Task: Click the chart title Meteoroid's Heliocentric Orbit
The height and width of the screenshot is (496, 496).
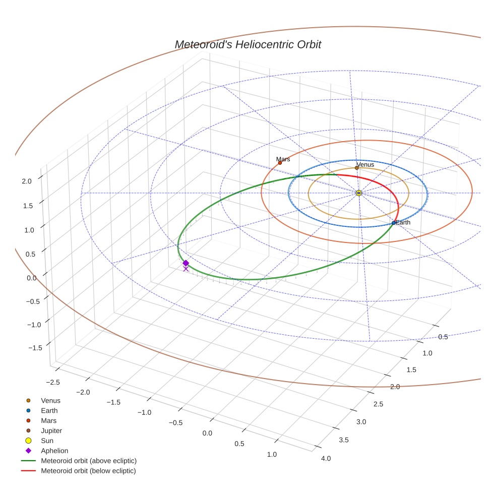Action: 247,45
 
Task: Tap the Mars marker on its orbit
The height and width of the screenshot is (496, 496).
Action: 280,163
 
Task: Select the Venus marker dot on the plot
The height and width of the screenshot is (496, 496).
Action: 357,168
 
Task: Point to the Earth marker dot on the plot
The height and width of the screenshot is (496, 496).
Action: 394,223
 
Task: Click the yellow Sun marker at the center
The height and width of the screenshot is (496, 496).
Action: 358,193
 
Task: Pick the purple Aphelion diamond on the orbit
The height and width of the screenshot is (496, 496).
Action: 185,263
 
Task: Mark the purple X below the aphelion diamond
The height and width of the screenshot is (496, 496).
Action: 185,269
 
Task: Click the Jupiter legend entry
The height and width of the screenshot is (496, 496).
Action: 51,431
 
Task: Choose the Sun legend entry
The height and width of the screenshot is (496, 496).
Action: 47,441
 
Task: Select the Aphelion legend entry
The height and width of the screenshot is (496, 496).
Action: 54,451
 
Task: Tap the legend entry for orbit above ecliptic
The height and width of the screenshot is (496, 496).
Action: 88,461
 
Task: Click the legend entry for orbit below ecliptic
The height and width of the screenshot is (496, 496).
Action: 88,471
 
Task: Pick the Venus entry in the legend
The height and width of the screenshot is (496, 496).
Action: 50,401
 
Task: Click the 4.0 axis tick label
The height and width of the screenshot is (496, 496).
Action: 326,458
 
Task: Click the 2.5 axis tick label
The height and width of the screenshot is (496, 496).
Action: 378,404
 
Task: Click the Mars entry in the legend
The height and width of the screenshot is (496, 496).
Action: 48,421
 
